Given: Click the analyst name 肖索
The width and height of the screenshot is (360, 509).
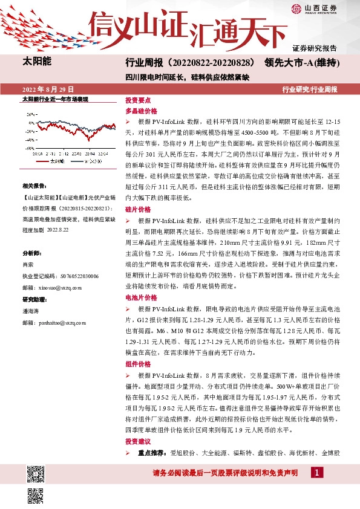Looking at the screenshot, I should click(28, 264).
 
